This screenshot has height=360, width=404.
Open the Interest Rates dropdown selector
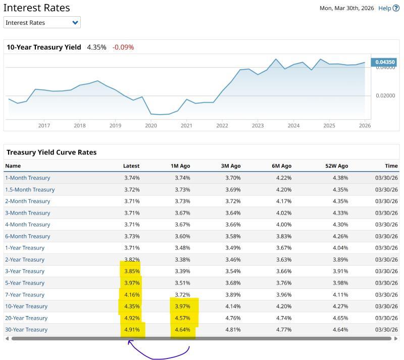click(x=42, y=23)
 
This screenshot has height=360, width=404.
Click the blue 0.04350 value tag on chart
click(x=384, y=62)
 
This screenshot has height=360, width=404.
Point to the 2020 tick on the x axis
click(x=151, y=126)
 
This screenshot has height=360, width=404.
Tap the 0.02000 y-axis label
click(x=385, y=95)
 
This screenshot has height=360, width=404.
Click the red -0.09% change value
click(x=123, y=47)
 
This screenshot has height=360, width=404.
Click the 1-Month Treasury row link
click(x=28, y=178)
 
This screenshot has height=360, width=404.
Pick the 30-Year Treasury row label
click(x=26, y=330)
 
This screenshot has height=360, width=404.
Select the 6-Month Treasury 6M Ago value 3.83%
click(x=284, y=236)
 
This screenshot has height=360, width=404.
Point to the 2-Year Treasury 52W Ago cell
click(x=340, y=260)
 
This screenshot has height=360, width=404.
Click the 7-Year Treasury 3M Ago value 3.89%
click(x=233, y=295)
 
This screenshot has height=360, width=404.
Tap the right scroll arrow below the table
click(x=396, y=338)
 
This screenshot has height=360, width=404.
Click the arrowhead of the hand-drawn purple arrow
click(x=130, y=342)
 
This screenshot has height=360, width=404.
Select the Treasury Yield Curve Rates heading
click(x=52, y=152)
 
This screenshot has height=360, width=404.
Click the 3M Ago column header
click(x=231, y=166)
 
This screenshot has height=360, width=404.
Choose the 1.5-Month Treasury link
click(x=30, y=189)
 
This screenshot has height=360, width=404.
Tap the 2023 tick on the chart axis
click(x=258, y=126)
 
